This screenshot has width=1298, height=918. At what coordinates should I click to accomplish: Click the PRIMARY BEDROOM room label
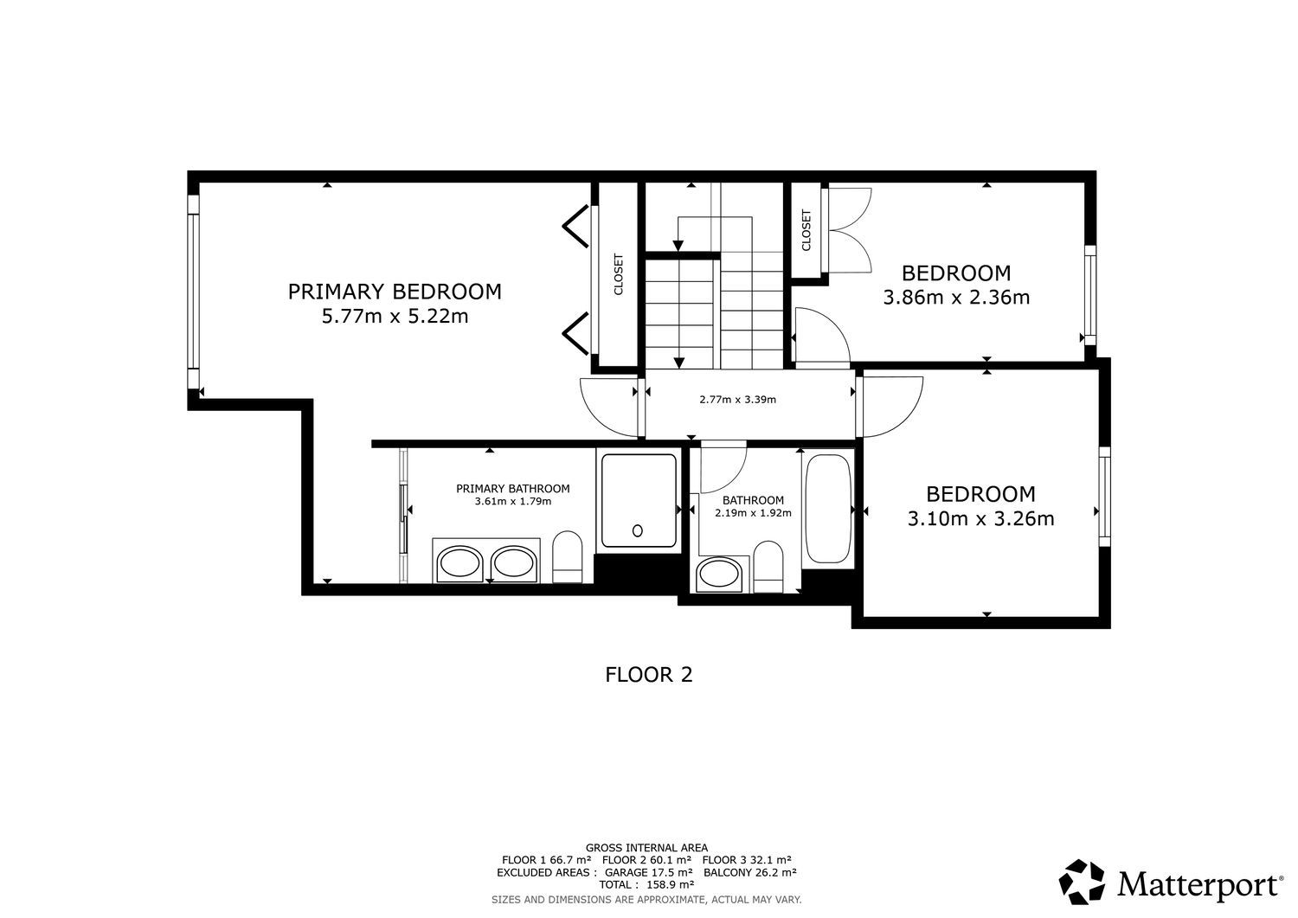[395, 292]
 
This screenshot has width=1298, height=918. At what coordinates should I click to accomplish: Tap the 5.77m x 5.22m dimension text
[395, 317]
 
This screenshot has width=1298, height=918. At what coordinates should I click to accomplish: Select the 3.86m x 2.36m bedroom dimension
[956, 298]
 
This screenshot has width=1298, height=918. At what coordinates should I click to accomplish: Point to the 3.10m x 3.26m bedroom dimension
[980, 518]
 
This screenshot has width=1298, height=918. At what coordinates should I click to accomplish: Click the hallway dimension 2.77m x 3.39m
[737, 400]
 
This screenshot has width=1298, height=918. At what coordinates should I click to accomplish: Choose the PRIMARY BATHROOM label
[513, 489]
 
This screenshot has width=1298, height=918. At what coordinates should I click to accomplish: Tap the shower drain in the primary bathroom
[638, 530]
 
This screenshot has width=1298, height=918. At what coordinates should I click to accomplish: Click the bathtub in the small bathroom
[828, 509]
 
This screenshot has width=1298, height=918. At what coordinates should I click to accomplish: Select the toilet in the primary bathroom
[568, 557]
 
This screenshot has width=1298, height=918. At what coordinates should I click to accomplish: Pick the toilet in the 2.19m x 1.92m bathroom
[768, 567]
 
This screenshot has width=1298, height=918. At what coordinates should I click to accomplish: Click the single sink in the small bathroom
[719, 575]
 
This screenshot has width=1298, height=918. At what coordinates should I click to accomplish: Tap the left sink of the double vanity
[459, 563]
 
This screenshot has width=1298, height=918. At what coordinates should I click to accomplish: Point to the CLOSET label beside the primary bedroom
[619, 274]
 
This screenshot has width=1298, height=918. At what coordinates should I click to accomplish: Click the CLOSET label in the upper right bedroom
[806, 230]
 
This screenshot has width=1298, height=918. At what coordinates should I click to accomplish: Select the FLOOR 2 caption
[649, 675]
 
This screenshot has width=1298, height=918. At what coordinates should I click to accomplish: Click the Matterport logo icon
[1082, 882]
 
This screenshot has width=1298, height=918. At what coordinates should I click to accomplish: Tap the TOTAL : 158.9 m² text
[646, 885]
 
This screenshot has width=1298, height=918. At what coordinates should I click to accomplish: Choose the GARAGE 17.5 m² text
[648, 872]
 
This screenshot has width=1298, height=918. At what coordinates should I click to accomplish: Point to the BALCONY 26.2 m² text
[750, 872]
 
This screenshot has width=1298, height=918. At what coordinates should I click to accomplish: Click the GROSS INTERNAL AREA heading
[646, 848]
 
